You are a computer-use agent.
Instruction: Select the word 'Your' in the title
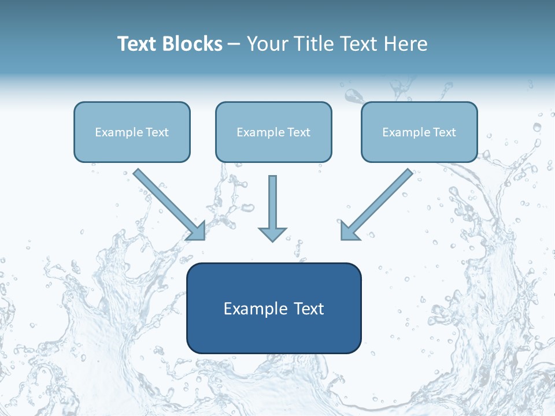[x=268, y=44]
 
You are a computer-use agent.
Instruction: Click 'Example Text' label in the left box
[x=132, y=132]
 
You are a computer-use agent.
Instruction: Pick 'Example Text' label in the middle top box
[x=273, y=132]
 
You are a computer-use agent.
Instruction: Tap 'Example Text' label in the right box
[x=419, y=132]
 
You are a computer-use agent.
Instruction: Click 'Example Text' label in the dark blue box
[x=273, y=309]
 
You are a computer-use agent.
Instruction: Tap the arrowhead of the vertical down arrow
[x=272, y=234]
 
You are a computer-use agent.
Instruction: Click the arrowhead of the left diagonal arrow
[x=198, y=232]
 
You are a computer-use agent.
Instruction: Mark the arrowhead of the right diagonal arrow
[x=349, y=232]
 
